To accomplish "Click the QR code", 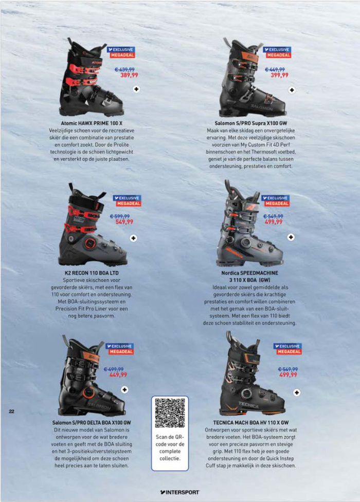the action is click(x=170, y=413).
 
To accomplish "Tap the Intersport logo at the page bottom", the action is click(x=179, y=492).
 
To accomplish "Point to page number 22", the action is click(x=11, y=411).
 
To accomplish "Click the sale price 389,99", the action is click(x=129, y=75).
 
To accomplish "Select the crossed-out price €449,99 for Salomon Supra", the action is click(x=275, y=69).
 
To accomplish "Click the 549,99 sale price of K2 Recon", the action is click(x=124, y=222).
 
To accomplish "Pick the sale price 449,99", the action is click(x=118, y=374).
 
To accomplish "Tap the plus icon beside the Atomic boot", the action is click(x=137, y=89).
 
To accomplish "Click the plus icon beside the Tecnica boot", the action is click(x=297, y=392).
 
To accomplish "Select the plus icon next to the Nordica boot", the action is click(x=291, y=237).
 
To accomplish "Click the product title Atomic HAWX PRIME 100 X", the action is click(x=92, y=123).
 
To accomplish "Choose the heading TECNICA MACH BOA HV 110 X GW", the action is click(x=251, y=423).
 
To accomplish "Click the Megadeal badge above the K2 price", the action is click(x=129, y=204).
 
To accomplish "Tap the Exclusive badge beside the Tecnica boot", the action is click(x=287, y=346).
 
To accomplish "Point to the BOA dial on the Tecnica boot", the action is click(x=246, y=394).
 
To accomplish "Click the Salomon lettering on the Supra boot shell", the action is click(x=261, y=107).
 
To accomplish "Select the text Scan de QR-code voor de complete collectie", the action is click(x=170, y=447).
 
